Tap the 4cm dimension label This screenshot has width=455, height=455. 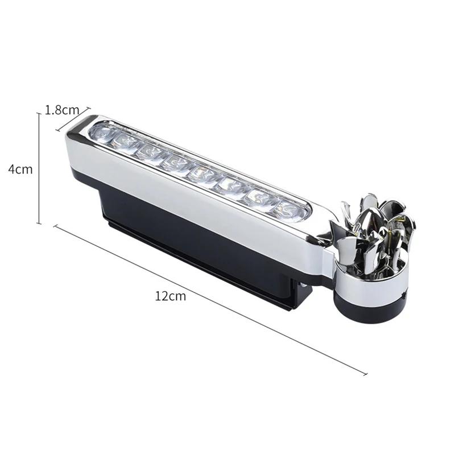click(x=20, y=169)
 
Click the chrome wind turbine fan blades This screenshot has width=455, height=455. click(x=373, y=227)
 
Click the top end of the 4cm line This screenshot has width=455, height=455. click(x=39, y=113)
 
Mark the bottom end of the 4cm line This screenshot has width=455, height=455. click(x=39, y=224)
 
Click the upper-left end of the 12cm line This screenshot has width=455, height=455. click(x=55, y=226)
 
